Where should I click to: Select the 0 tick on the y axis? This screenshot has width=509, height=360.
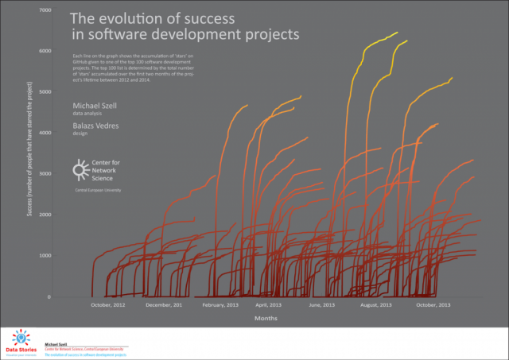click(49, 296)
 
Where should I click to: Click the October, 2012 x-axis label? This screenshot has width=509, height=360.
click(108, 305)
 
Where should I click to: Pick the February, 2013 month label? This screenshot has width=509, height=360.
click(220, 305)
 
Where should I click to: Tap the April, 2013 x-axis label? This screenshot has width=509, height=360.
click(267, 305)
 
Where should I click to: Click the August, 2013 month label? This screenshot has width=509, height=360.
click(376, 305)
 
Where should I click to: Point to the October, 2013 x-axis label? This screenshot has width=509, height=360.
click(433, 305)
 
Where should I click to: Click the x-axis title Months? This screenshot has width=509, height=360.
click(266, 318)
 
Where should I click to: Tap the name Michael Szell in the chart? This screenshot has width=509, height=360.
click(95, 106)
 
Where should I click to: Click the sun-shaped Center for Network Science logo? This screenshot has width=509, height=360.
click(80, 169)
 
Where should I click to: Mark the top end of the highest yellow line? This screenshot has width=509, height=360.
click(397, 33)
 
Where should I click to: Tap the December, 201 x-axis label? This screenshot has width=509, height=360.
click(164, 305)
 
